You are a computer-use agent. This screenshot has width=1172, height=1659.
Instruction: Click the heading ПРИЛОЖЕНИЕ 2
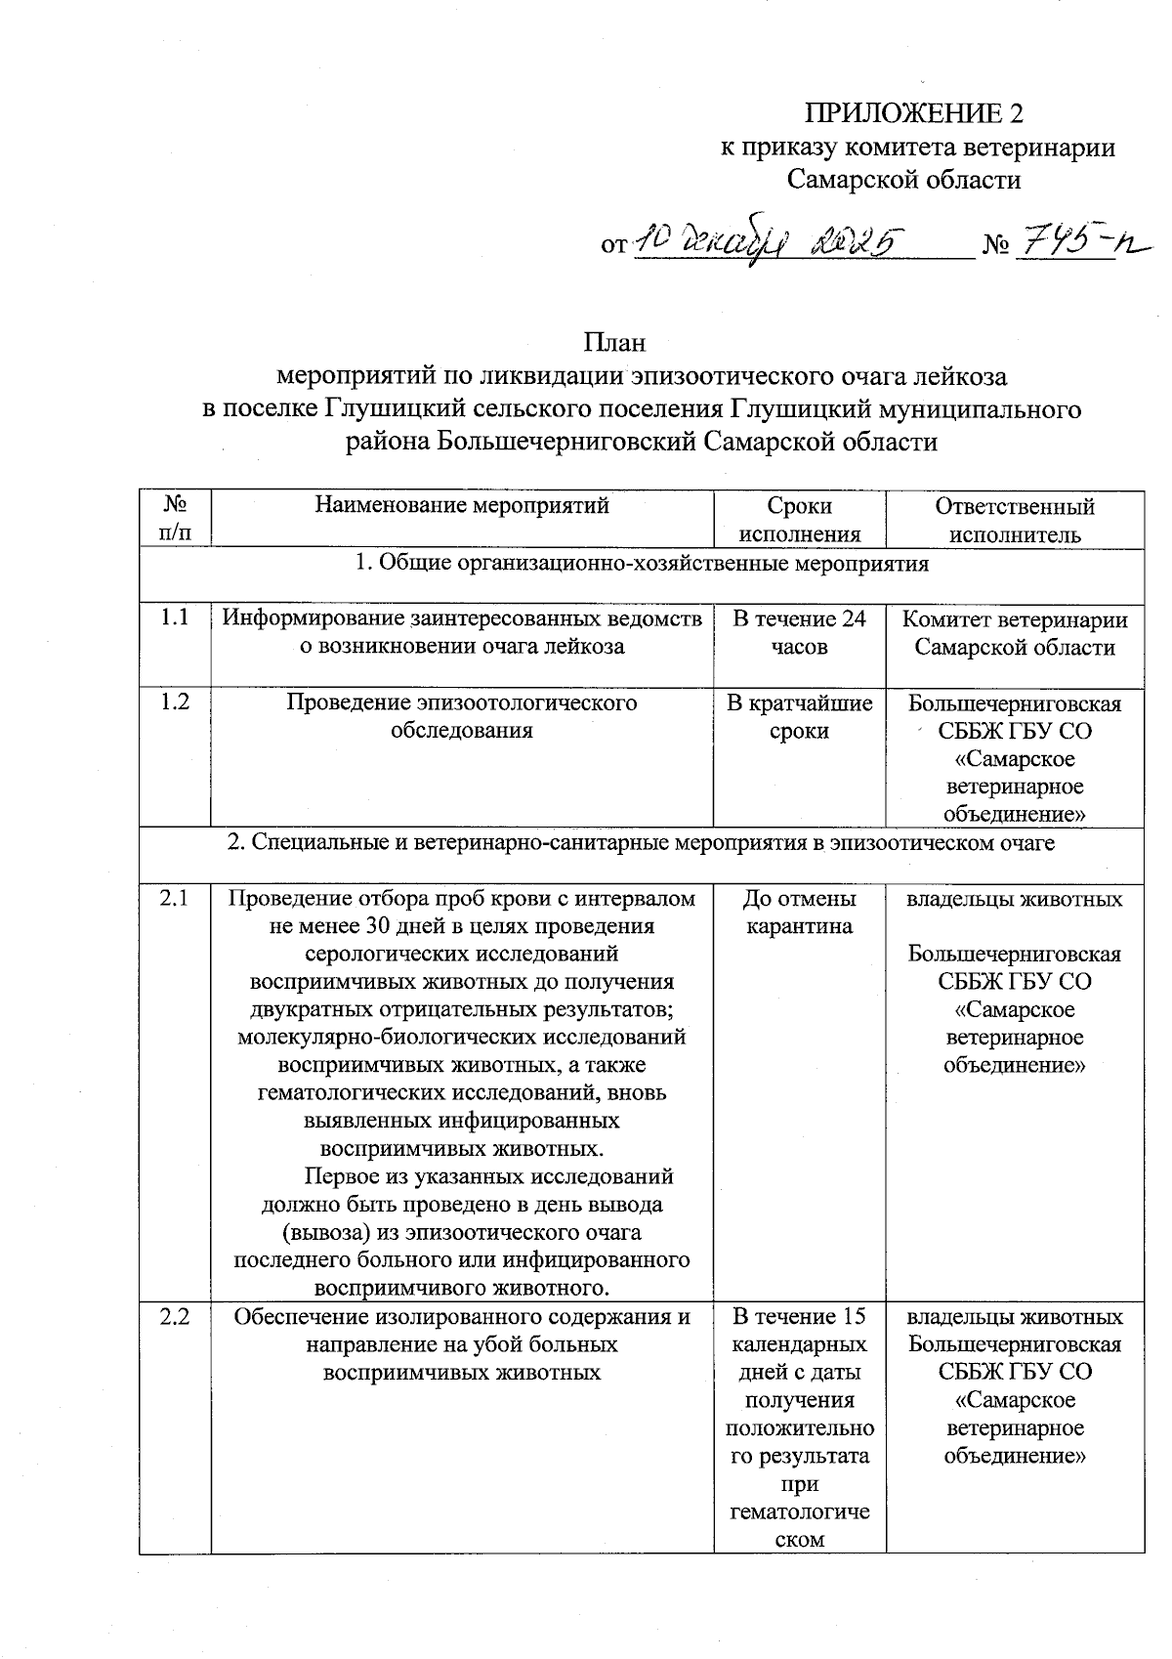[x=914, y=113]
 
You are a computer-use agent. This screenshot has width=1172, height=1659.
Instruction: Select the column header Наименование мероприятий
[x=462, y=505]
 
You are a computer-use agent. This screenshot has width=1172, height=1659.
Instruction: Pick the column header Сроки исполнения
[x=799, y=519]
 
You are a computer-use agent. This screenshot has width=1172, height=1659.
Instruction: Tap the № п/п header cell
[x=175, y=519]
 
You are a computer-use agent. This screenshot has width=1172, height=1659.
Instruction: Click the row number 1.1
[x=175, y=619]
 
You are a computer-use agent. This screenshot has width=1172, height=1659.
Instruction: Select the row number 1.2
[x=175, y=702]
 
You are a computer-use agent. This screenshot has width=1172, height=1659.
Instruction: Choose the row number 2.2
[x=175, y=1317]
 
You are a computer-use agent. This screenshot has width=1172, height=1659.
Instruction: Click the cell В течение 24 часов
[x=799, y=632]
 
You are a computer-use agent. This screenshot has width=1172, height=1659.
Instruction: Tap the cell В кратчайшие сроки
[x=799, y=716]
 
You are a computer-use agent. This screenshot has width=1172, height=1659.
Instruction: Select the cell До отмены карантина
[x=799, y=912]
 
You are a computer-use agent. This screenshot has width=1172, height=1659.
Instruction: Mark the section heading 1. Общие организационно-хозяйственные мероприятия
[x=641, y=564]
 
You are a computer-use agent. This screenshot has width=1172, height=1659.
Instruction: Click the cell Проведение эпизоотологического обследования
[x=462, y=716]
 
